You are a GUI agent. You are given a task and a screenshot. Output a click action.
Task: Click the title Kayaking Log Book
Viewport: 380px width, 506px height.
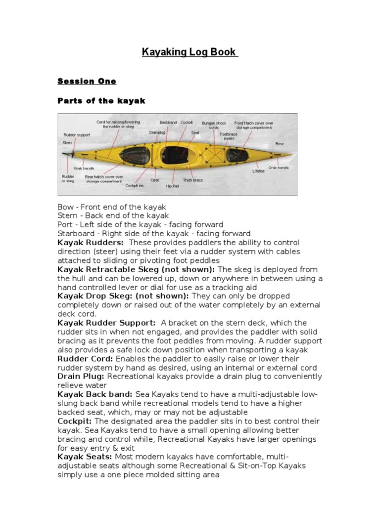point(190,52)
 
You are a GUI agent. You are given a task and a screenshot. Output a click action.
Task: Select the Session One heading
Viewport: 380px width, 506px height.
point(87,81)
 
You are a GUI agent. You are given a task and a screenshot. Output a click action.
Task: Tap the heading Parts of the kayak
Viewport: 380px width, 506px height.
point(101,101)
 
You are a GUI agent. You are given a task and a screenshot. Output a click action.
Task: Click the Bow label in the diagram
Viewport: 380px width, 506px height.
point(280,144)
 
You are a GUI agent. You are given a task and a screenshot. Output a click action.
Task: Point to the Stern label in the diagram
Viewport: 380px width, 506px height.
point(67,143)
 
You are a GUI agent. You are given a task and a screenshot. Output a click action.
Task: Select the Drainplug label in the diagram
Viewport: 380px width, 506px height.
point(157,132)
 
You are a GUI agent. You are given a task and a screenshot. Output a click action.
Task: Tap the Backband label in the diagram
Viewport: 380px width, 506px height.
point(168,122)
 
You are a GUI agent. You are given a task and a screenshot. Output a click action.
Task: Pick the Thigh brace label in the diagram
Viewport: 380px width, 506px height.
point(193,180)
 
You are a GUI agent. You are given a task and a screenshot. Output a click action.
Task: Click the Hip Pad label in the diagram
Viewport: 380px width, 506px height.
point(173,186)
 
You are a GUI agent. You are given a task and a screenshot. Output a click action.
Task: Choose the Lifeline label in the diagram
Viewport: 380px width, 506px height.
point(258,171)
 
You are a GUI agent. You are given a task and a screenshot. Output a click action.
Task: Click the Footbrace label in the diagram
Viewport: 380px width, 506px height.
point(229,134)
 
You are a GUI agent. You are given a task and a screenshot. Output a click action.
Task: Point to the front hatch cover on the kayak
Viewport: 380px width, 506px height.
point(237,155)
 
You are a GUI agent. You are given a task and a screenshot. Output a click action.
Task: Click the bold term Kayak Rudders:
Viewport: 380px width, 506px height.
point(91,243)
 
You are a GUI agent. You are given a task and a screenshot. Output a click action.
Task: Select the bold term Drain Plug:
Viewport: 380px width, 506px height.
point(81,377)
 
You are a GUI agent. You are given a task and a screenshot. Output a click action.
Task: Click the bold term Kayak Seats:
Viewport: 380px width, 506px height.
point(85,457)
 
